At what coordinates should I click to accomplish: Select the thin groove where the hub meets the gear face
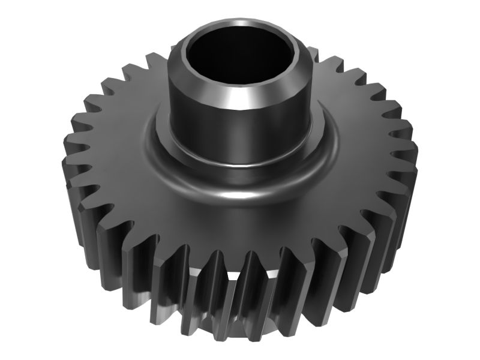pos(240,168)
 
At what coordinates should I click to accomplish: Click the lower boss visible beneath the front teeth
pos(240,282)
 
